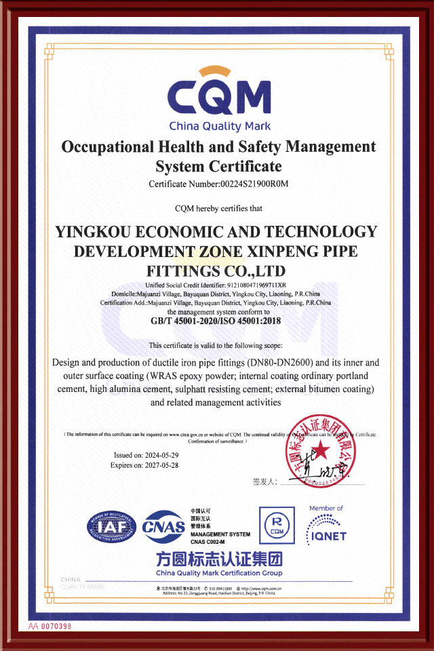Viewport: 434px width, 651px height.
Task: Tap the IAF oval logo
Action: coord(111,526)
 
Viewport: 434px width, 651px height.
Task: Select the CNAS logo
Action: coord(163,527)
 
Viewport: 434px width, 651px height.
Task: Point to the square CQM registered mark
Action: coord(276,524)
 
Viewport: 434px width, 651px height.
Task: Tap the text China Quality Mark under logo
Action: coord(219,126)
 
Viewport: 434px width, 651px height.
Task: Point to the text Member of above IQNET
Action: coord(325,508)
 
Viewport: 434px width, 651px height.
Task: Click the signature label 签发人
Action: coord(264,481)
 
